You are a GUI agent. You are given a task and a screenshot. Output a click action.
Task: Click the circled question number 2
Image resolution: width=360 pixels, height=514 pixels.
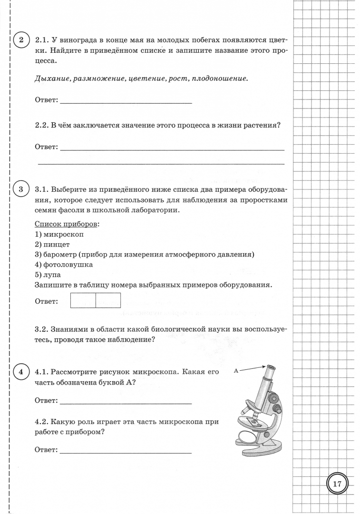coord(20,40)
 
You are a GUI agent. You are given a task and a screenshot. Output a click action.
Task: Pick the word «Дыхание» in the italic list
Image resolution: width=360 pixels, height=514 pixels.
coord(52,79)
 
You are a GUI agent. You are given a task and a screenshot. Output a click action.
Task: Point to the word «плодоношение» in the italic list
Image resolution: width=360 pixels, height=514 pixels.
coord(219,79)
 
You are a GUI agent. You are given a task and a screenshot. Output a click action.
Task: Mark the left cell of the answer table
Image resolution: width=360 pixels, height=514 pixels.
coord(83,301)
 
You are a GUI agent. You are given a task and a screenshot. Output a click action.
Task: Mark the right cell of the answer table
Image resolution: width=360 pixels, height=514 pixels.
coord(108,301)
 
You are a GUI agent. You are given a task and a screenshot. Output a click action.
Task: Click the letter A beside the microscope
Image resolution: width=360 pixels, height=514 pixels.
coord(236,370)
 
